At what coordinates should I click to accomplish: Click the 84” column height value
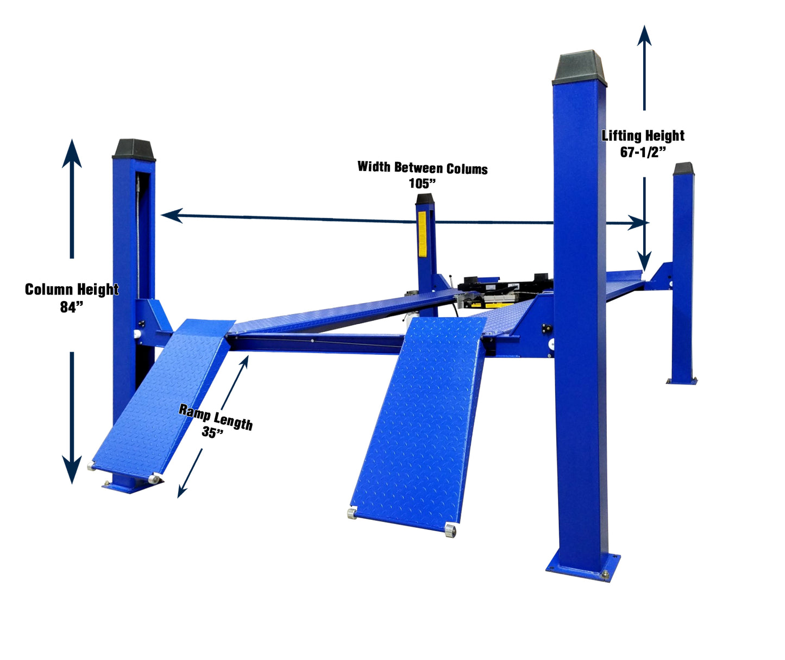(71, 306)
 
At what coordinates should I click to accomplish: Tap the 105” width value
(422, 184)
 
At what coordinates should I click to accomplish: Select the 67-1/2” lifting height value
(643, 152)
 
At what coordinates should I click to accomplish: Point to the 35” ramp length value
(212, 432)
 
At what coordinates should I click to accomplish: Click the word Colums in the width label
(467, 169)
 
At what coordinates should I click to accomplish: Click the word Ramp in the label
(194, 412)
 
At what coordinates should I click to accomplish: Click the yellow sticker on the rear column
(423, 234)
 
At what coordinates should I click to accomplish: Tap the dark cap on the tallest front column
(579, 68)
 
